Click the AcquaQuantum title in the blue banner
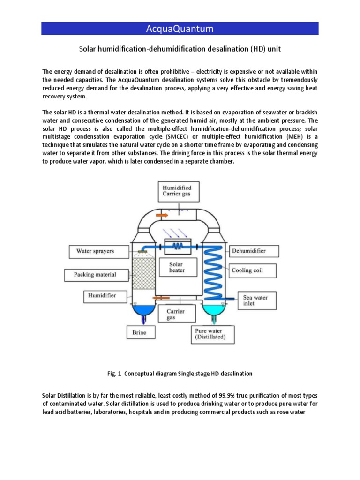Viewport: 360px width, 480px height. click(x=180, y=29)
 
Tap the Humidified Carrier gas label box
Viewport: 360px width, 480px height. click(x=177, y=191)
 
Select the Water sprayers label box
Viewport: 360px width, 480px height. click(x=95, y=251)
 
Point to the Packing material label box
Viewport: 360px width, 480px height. click(x=95, y=274)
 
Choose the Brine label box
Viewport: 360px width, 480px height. click(x=139, y=333)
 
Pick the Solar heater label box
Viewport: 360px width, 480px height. click(x=177, y=267)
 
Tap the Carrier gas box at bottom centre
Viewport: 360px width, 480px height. click(x=176, y=315)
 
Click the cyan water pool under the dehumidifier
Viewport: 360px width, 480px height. click(x=214, y=310)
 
